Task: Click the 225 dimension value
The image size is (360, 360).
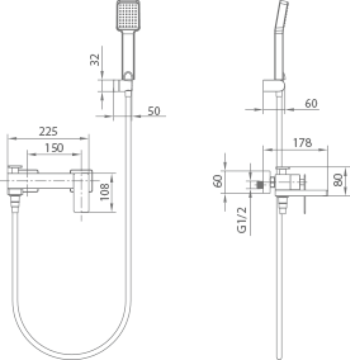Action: click(x=48, y=131)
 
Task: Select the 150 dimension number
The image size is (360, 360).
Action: click(x=54, y=148)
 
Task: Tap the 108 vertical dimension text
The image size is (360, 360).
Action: click(x=105, y=192)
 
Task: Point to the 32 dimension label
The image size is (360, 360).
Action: click(x=95, y=60)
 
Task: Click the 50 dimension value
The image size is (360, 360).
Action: click(x=154, y=111)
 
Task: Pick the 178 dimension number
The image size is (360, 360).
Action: click(x=302, y=143)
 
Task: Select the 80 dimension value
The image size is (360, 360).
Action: click(x=338, y=180)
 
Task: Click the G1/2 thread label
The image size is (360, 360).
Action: click(x=242, y=220)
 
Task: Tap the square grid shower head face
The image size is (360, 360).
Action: click(x=129, y=15)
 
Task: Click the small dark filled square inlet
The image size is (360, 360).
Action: click(x=260, y=185)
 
